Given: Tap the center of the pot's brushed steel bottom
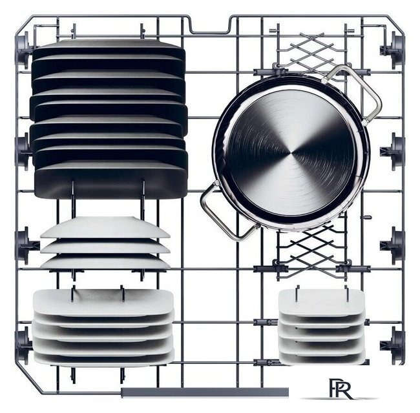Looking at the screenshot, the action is point(291,153).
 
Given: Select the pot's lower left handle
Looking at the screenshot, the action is point(229,210).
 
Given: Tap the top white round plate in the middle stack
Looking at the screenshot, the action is point(105,227).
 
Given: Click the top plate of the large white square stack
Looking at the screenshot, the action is point(103,302).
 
